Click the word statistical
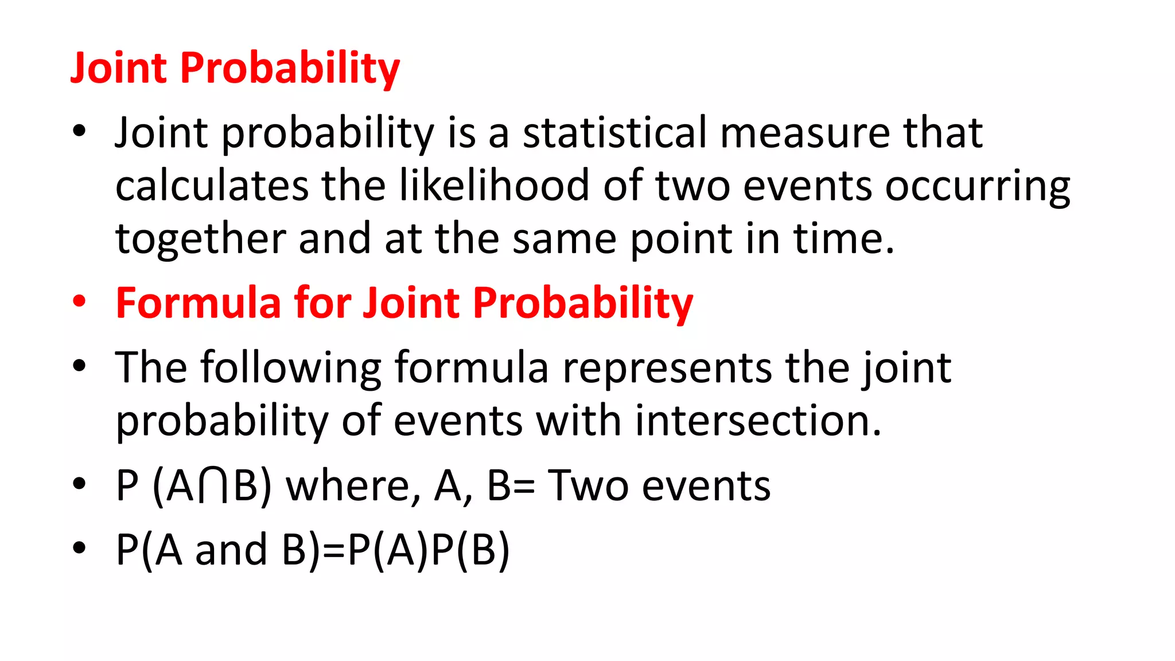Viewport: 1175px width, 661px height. click(x=614, y=133)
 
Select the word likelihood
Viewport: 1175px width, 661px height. click(x=494, y=186)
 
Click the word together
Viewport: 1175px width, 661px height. click(x=200, y=239)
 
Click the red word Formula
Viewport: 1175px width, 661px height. click(x=198, y=302)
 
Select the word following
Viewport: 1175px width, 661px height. click(x=290, y=368)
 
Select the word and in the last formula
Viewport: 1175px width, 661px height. click(x=231, y=550)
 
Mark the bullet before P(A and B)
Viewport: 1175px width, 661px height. click(x=79, y=548)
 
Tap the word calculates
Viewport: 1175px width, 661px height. click(x=212, y=186)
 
